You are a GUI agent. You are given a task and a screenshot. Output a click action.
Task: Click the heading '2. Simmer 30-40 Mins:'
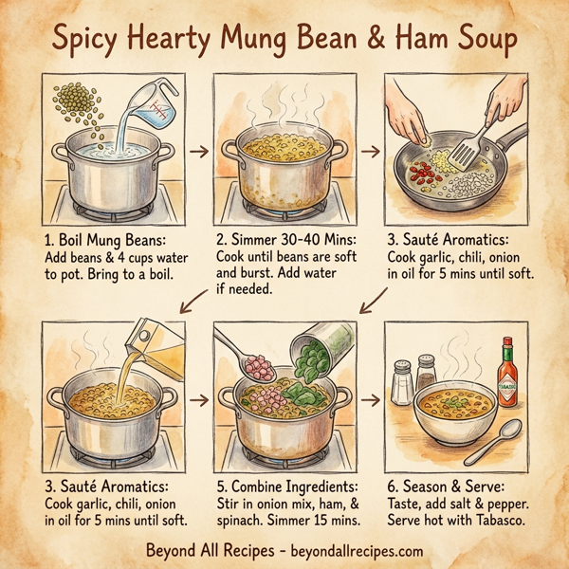(x=284, y=241)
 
